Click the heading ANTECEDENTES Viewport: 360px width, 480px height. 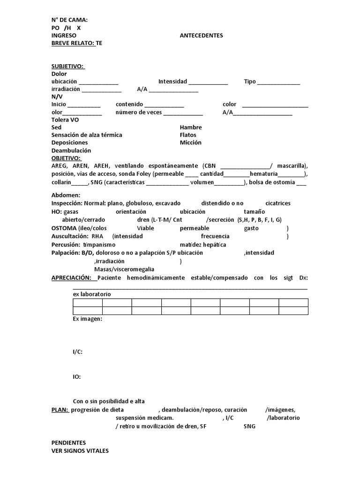point(201,36)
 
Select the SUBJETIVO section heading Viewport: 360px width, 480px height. point(68,66)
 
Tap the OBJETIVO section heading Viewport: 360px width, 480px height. point(66,158)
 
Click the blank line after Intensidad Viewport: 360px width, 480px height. point(208,82)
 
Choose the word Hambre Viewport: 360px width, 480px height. point(191,127)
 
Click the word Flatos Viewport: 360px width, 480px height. point(188,135)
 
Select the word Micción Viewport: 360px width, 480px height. point(190,142)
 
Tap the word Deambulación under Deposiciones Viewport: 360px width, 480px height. point(71,150)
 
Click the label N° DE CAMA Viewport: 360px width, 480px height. point(69,20)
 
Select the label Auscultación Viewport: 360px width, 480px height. point(70,236)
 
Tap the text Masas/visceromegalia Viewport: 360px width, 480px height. point(124,269)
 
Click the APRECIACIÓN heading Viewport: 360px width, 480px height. point(72,278)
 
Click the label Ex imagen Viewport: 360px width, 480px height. point(88,319)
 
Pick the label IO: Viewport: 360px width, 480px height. point(77,376)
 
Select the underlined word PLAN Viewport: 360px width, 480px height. point(60,409)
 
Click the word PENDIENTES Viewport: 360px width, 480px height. point(68,443)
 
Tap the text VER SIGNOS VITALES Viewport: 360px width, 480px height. point(80,450)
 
